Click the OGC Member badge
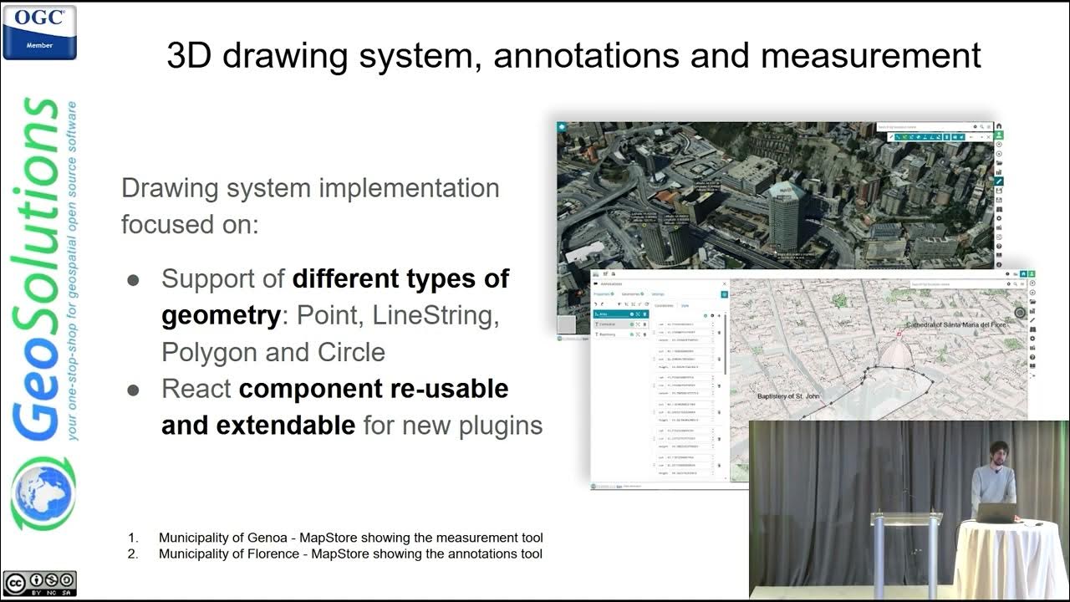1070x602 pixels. point(39,32)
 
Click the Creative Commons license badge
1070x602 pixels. point(39,582)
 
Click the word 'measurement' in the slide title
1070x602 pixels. point(870,55)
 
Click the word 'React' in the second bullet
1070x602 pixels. point(196,389)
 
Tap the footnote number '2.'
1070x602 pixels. point(133,554)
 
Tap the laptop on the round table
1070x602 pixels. point(995,512)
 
